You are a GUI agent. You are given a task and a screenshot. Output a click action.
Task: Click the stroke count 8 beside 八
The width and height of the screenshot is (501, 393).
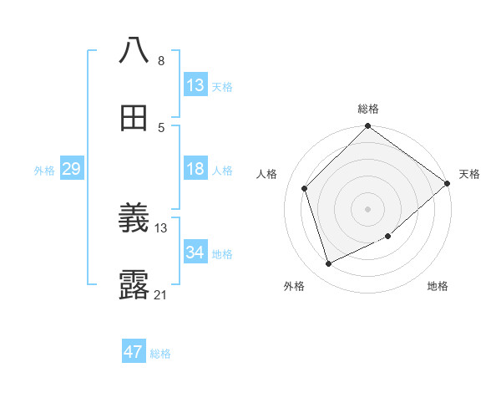coord(161,61)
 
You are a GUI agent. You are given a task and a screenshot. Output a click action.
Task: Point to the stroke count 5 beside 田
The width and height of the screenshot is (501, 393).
coord(161,127)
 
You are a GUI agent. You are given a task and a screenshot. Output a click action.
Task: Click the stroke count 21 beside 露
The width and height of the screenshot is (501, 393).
coord(161,294)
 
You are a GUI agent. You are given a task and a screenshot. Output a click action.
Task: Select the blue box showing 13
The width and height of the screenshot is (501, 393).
coord(195,84)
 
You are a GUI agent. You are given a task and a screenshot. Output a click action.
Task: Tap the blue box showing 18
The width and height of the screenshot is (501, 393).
coord(195,169)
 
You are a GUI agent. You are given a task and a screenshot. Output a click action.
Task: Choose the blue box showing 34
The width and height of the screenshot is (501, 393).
coord(195,253)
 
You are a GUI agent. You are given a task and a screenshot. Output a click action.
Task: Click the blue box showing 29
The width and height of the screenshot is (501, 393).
coord(71,169)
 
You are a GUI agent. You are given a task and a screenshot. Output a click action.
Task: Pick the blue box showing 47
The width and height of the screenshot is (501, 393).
coord(134,352)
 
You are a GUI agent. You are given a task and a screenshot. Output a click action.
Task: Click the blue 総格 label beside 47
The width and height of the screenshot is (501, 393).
coord(160,354)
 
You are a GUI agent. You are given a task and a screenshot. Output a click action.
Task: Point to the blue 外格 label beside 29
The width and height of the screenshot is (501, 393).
coord(44,171)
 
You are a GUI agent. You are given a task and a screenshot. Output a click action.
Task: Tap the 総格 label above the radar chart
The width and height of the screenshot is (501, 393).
coord(368,109)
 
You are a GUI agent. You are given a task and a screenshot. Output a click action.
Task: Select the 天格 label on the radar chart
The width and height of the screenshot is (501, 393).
coord(469,174)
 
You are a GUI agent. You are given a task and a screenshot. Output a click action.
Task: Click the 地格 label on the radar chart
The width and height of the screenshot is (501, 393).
coord(438,286)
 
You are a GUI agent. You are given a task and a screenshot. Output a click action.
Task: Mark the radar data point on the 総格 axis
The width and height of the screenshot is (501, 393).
coord(368,127)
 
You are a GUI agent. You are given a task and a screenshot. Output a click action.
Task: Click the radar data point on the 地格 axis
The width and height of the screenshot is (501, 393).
coord(388,237)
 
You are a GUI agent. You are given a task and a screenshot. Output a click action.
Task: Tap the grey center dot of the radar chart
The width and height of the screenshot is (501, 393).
coord(368,208)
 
